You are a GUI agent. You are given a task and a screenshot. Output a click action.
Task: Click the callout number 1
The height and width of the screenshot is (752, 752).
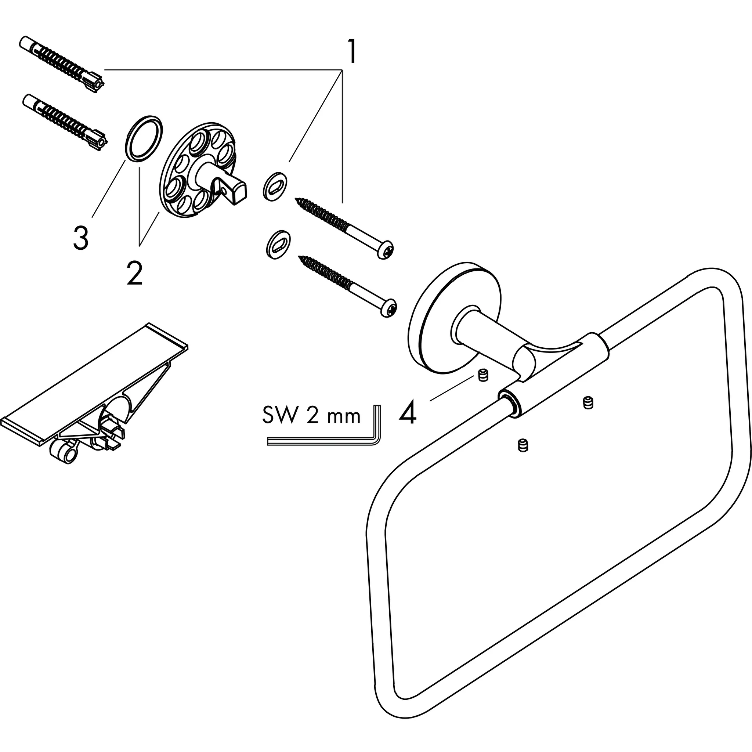(352, 52)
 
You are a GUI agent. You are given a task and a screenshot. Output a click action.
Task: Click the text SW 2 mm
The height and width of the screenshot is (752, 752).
(311, 415)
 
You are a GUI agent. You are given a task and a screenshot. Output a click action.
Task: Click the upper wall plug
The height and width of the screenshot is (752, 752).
(61, 65)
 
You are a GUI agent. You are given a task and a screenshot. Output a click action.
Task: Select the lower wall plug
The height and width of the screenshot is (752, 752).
(65, 122)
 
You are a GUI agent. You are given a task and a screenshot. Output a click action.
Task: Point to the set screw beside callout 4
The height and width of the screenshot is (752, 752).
(483, 376)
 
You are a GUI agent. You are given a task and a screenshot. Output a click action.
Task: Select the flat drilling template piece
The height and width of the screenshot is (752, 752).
(95, 383)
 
